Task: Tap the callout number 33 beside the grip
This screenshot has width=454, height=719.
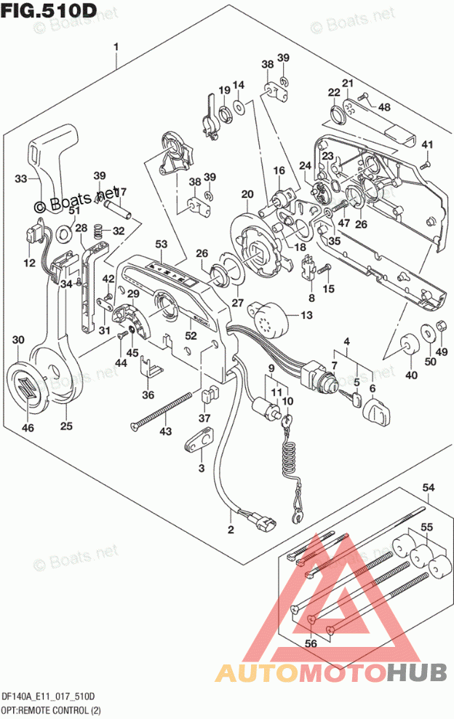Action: point(22,178)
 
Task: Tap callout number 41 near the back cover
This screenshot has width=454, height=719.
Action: point(427,143)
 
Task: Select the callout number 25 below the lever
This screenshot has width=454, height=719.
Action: point(66,426)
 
